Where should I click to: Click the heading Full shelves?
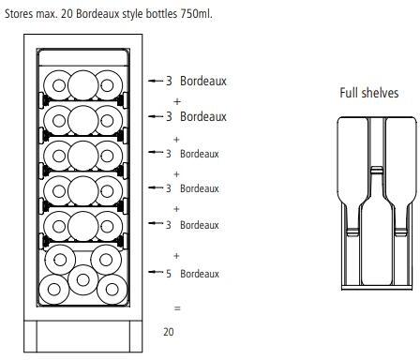tap(369, 93)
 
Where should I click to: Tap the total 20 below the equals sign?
tap(169, 332)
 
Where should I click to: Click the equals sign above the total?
tap(177, 308)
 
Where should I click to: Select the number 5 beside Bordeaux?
tap(169, 274)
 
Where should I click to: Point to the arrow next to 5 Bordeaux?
tap(156, 272)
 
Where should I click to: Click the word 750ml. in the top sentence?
tap(196, 14)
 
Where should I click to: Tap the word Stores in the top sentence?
tap(19, 14)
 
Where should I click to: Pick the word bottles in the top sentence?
tap(161, 14)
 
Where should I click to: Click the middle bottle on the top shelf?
tap(83, 85)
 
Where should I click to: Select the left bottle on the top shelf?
tap(58, 85)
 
